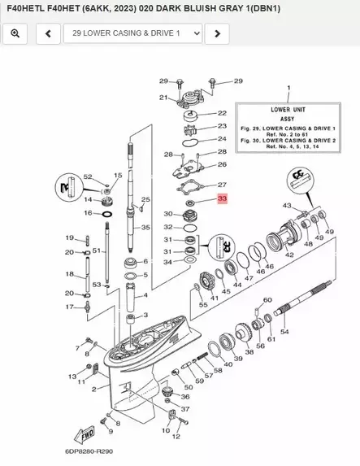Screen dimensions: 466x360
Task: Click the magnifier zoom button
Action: click(16, 33)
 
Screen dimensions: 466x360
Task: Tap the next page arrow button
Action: click(215, 33)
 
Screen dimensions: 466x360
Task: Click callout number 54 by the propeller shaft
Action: click(284, 332)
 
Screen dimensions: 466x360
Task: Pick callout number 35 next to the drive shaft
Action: click(145, 228)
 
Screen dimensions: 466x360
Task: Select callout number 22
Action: click(222, 113)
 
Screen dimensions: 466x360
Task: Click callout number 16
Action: click(87, 213)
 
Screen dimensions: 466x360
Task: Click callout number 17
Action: click(71, 307)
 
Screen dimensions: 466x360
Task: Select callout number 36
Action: click(185, 397)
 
